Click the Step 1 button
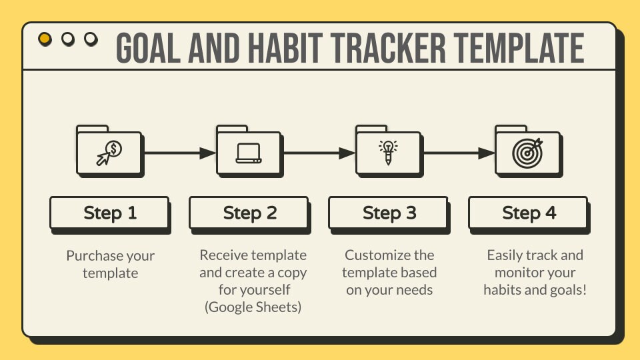click(x=109, y=213)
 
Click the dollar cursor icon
click(x=109, y=153)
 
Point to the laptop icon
click(x=249, y=153)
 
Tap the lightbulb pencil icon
click(x=388, y=153)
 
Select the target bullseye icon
click(x=528, y=153)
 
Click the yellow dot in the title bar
click(x=45, y=39)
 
